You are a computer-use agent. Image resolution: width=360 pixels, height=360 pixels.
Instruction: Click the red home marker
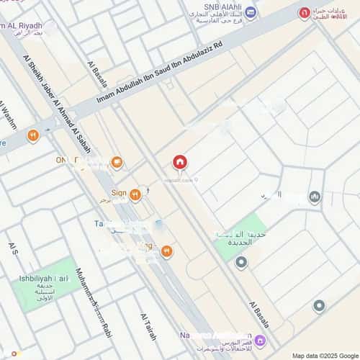tap(179, 162)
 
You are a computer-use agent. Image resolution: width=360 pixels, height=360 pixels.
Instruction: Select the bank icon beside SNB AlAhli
tap(251, 12)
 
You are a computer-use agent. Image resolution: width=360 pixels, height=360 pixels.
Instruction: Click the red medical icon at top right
tap(305, 13)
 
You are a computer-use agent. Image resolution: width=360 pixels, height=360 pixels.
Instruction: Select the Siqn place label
tap(120, 194)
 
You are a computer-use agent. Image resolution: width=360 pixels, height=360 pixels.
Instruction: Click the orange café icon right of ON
tap(116, 162)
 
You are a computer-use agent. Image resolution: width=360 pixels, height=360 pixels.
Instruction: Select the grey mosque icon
tap(315, 197)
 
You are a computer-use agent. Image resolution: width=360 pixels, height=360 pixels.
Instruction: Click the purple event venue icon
tap(260, 340)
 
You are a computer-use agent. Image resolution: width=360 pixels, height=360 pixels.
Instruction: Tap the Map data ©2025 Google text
tap(324, 355)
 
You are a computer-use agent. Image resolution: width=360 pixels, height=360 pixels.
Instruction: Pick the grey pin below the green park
tap(241, 262)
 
